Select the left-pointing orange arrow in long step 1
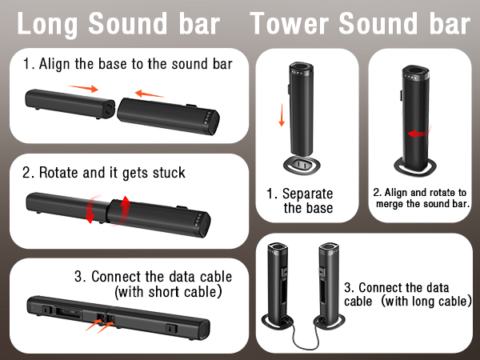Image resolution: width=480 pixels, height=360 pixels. pos(150,93)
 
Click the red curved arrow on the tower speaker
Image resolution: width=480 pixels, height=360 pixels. pos(414,134)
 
